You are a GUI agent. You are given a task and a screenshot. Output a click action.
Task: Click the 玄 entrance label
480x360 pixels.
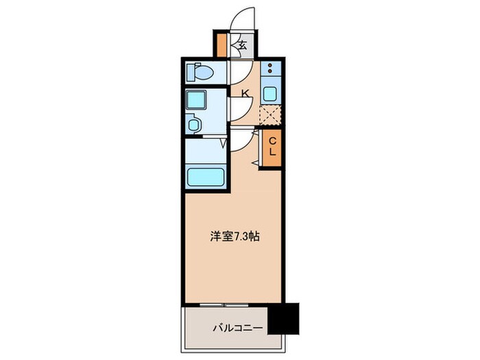pos(243,46)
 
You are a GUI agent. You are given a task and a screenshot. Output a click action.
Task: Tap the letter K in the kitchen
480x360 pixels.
pos(244,93)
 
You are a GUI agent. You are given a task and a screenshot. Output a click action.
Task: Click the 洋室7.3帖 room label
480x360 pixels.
pos(234,236)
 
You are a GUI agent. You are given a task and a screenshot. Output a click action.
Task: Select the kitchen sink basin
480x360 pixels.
pos(270,95)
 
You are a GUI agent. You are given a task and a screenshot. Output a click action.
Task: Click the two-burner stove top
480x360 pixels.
pos(270,69)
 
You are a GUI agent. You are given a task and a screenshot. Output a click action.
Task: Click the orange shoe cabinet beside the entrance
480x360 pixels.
pos(222,45)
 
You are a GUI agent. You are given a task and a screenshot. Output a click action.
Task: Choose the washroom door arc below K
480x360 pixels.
pos(238,107)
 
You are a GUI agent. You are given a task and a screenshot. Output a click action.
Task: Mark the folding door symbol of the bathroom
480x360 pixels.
pos(224,144)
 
